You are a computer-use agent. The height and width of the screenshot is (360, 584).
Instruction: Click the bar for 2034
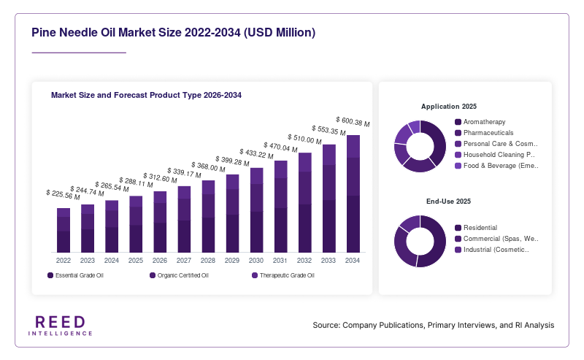click(353, 194)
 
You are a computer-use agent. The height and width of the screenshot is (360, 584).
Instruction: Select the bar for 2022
click(64, 230)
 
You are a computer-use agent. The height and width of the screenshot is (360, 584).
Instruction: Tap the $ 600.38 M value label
click(353, 122)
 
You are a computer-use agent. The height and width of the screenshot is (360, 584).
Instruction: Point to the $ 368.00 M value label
click(208, 167)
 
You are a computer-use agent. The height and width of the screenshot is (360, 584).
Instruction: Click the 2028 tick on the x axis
click(208, 261)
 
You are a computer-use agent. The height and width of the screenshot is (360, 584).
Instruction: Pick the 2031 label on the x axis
click(280, 261)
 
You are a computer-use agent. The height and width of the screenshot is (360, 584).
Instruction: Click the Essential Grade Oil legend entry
click(75, 275)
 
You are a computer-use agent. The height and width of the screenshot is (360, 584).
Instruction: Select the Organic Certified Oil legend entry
click(179, 275)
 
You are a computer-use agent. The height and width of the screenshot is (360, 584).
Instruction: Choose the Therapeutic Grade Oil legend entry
click(283, 275)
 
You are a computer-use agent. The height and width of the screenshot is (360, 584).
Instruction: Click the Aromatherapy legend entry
click(480, 122)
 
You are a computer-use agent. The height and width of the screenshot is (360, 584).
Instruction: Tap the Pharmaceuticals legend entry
click(484, 133)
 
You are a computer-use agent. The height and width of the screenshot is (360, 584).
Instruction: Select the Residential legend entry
click(476, 228)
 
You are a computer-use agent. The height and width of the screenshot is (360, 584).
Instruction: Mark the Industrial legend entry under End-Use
click(492, 250)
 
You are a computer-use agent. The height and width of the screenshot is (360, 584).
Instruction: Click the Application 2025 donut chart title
click(449, 107)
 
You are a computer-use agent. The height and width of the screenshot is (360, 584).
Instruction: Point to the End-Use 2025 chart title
click(448, 202)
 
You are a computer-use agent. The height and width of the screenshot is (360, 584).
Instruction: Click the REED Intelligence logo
click(61, 326)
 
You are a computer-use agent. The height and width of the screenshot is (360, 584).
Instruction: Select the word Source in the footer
click(326, 326)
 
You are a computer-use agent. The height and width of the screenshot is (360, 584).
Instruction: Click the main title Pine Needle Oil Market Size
click(173, 33)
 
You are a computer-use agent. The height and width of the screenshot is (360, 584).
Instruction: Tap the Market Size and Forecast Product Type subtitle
click(146, 95)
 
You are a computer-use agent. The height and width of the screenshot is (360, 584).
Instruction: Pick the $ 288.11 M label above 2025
click(136, 183)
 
